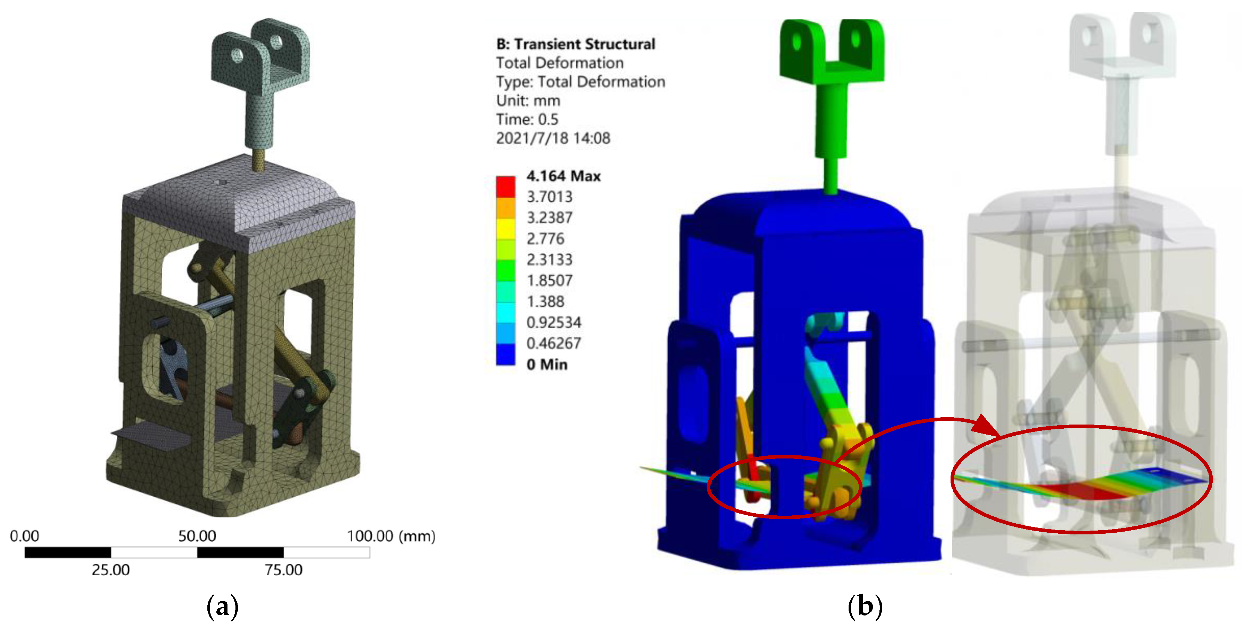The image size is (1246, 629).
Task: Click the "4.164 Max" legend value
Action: [x=564, y=176]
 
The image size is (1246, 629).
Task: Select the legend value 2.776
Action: [x=545, y=238]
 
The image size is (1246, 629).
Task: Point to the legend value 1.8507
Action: [x=549, y=280]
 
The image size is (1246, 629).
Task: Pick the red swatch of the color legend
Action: [x=506, y=187]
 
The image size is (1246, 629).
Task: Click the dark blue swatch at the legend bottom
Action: [x=506, y=355]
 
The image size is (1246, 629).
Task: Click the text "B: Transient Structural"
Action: [x=576, y=44]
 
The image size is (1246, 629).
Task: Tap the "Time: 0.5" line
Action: [x=527, y=120]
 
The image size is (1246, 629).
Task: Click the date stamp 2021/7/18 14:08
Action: [x=553, y=138]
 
